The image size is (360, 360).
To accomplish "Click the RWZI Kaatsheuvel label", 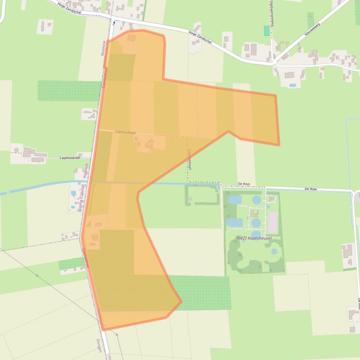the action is click(254, 238).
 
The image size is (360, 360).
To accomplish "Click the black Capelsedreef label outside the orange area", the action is click(70, 158).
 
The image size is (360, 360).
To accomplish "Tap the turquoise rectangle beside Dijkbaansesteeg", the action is click(267, 31).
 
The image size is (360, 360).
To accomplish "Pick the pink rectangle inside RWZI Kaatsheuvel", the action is click(273, 222).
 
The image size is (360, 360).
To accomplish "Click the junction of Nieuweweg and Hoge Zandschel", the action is click(273, 61).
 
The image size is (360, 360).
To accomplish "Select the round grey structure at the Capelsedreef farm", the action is click(17, 150).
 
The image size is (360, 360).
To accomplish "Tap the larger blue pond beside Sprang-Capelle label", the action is click(73, 193).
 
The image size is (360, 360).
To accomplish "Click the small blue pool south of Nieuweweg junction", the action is click(293, 85).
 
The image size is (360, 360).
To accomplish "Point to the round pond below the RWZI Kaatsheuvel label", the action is click(274, 251).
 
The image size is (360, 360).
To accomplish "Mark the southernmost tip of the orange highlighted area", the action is click(103, 330).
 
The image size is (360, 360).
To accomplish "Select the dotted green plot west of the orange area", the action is click(69, 91).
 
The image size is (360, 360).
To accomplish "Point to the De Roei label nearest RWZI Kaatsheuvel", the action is click(245, 184).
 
